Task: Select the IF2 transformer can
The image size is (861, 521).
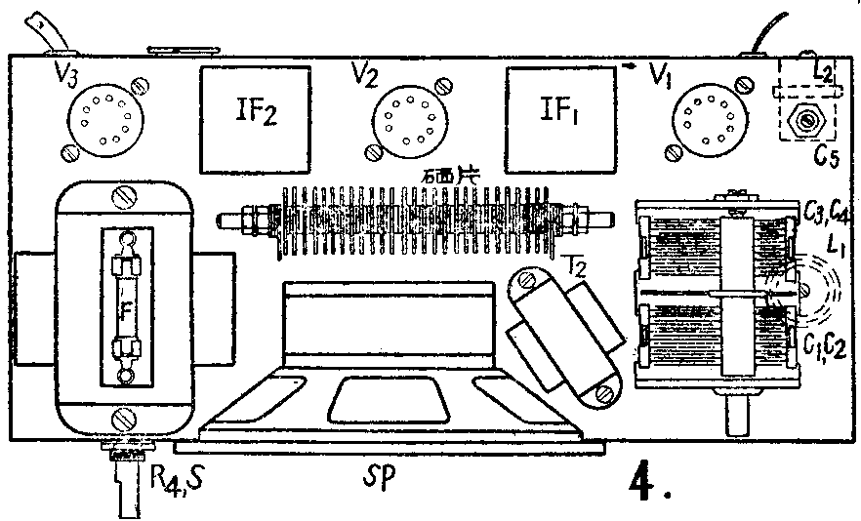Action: [x=256, y=115]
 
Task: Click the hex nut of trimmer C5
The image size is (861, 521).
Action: [x=806, y=121]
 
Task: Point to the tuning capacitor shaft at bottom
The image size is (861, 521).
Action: [x=739, y=420]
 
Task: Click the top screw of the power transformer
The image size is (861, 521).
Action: [x=124, y=196]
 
